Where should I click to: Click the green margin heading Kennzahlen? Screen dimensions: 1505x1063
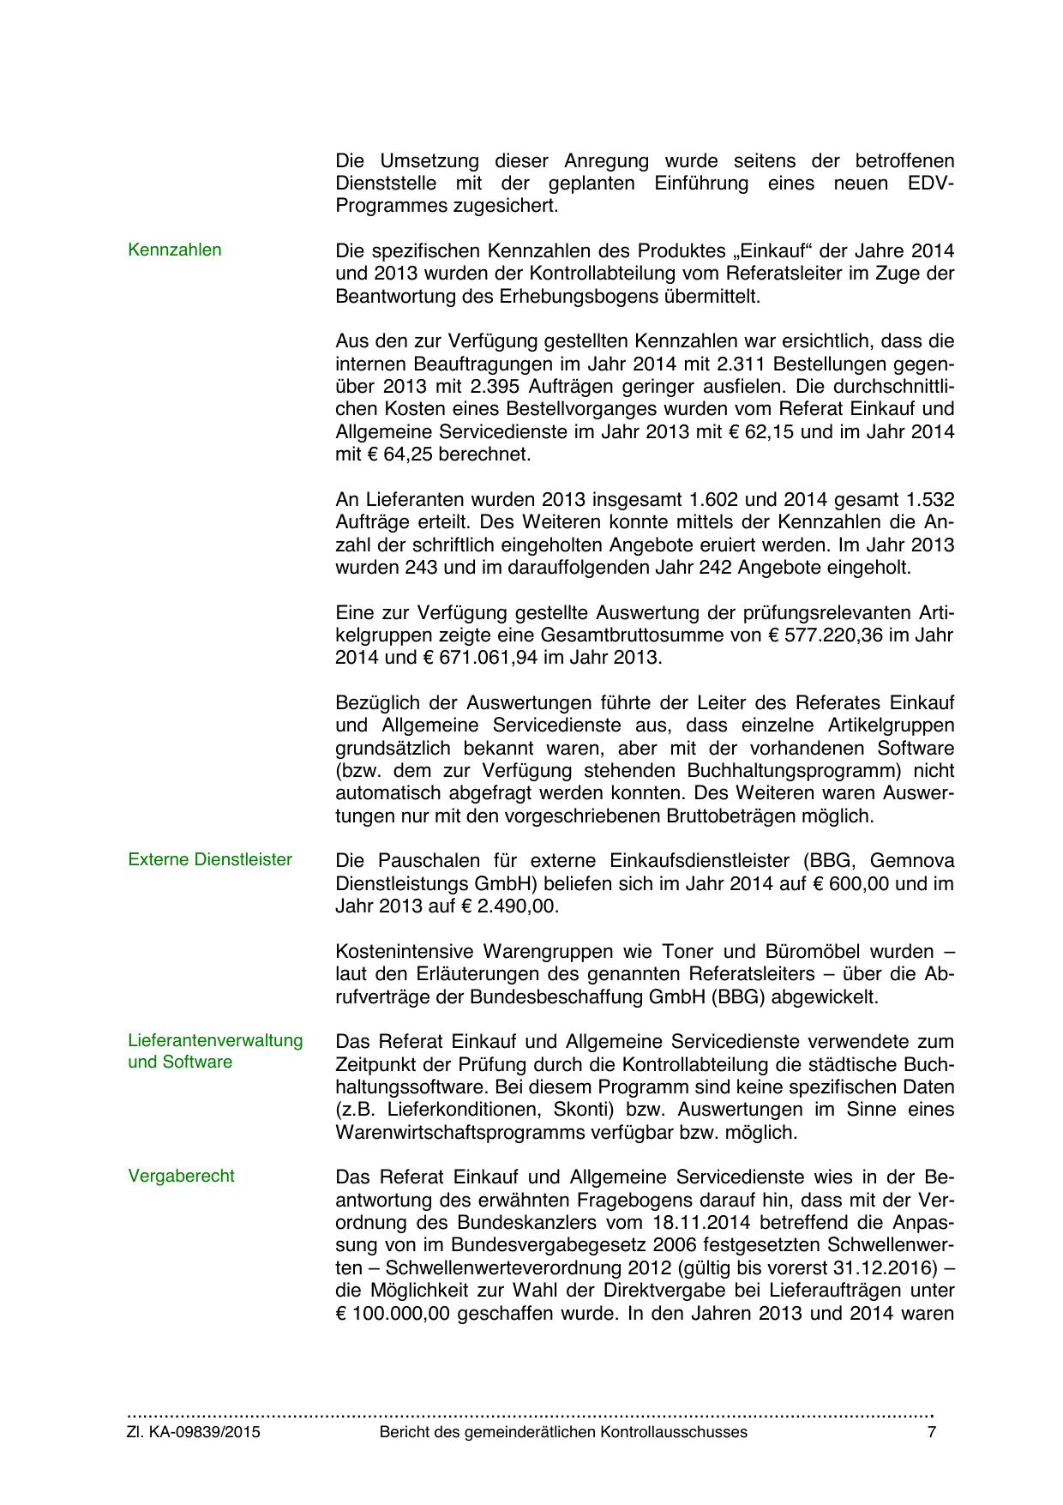tap(174, 250)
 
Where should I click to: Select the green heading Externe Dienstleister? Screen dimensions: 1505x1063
tap(210, 859)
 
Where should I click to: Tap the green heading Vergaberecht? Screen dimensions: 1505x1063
tap(181, 1176)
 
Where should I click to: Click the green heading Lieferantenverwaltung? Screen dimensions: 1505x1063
tap(215, 1040)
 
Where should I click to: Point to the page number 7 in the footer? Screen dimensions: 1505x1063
tap(932, 1432)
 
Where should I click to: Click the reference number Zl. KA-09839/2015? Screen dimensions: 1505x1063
tap(194, 1432)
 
